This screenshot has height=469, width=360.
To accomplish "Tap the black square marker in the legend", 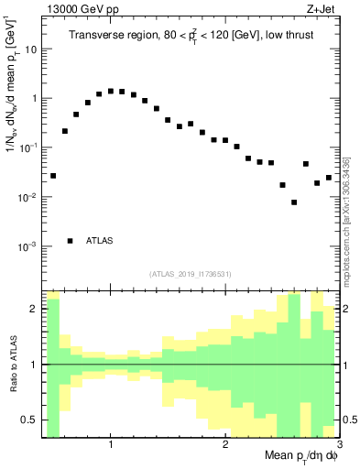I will [x=70, y=241].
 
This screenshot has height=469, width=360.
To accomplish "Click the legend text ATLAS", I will [x=100, y=241].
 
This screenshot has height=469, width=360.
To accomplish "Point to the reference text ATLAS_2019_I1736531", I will [x=190, y=273].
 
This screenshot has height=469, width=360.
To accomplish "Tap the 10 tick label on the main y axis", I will [x=31, y=49].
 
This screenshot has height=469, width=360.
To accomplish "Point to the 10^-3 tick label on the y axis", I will [x=27, y=246].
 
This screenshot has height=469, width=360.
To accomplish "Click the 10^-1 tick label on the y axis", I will [x=27, y=147].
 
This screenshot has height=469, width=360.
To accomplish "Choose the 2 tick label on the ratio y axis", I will [x=33, y=309].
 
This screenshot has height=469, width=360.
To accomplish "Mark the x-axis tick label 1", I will [x=110, y=444].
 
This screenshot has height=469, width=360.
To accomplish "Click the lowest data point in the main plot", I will [x=294, y=202].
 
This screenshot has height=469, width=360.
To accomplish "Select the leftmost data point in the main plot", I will [x=53, y=175].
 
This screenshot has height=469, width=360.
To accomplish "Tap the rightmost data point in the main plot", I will [x=328, y=177].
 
